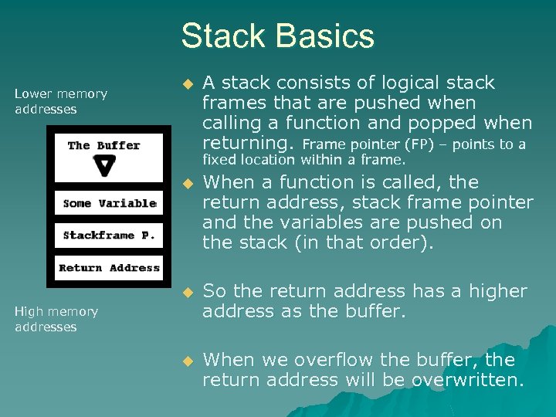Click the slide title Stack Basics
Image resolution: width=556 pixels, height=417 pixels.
tap(277, 36)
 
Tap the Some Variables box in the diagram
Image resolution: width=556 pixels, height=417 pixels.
tap(108, 204)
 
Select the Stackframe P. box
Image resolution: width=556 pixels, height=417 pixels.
tap(108, 236)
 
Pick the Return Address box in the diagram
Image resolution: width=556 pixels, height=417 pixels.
tap(109, 268)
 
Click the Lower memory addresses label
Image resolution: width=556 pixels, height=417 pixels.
tap(61, 101)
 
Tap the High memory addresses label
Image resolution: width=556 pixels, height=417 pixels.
tap(56, 319)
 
